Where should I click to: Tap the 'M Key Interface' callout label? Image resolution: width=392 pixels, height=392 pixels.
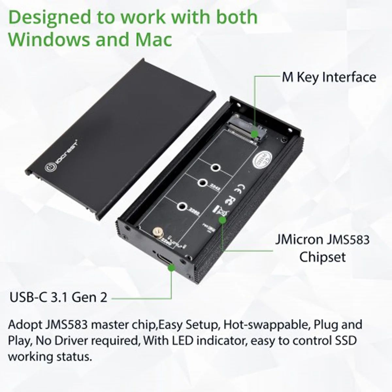click(x=329, y=77)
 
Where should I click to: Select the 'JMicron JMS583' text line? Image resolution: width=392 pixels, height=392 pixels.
click(x=322, y=239)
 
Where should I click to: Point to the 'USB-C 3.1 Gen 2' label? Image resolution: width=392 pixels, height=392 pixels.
click(x=58, y=297)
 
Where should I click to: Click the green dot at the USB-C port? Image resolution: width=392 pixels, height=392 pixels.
click(x=171, y=268)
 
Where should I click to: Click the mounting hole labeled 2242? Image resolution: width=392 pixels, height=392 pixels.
click(x=203, y=183)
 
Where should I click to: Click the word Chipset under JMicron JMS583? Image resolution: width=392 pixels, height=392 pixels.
click(x=322, y=257)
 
